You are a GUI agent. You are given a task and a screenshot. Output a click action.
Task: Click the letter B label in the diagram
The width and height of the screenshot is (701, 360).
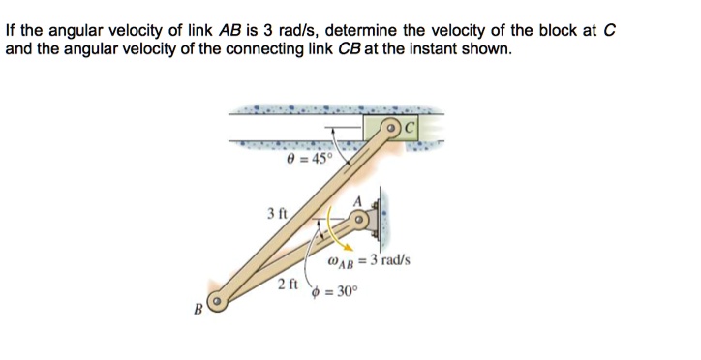[x=198, y=311]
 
